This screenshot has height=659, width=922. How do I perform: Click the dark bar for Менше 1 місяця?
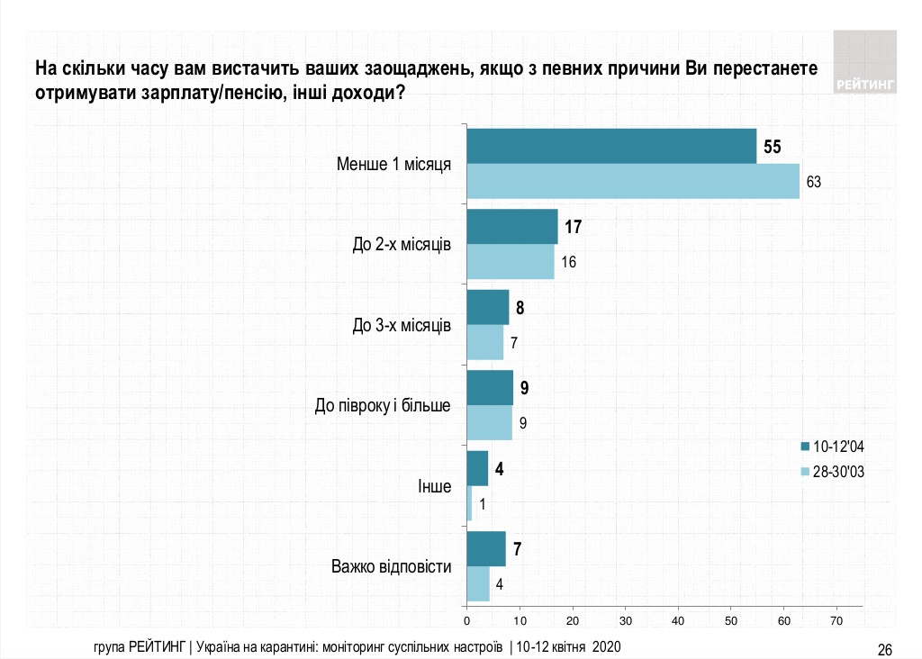611,146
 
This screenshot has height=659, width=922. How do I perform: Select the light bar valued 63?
633,181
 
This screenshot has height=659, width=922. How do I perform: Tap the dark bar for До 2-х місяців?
512,227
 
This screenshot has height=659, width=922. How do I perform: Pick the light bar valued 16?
511,262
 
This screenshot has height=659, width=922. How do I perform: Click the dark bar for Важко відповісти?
486,549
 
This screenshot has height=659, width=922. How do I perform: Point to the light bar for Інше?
469,503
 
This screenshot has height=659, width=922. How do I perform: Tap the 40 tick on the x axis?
678,621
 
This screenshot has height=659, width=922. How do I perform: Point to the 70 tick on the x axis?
836,621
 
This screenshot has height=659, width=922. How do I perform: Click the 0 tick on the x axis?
466,621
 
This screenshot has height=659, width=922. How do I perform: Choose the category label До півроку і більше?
383,406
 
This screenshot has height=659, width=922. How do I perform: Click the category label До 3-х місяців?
402,325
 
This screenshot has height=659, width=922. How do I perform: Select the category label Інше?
434,486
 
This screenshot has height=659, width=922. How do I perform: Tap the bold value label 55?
773,146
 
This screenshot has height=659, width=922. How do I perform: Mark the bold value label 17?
574,227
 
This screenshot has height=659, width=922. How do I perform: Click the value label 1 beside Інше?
483,504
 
